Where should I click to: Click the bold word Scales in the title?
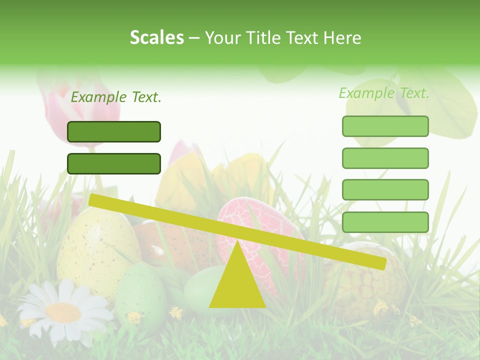[x=156, y=37]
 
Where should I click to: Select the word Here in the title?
[x=342, y=37]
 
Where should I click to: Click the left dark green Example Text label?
[x=116, y=97]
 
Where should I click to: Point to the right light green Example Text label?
[x=384, y=93]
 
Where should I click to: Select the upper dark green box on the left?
[x=114, y=131]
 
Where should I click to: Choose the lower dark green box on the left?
[x=114, y=163]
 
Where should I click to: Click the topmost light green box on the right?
[x=385, y=126]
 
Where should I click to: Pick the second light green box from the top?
[x=385, y=158]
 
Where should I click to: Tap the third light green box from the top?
[x=385, y=189]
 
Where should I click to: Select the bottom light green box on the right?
[x=385, y=222]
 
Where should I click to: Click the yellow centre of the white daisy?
[x=63, y=312]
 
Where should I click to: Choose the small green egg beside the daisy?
[x=141, y=290]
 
